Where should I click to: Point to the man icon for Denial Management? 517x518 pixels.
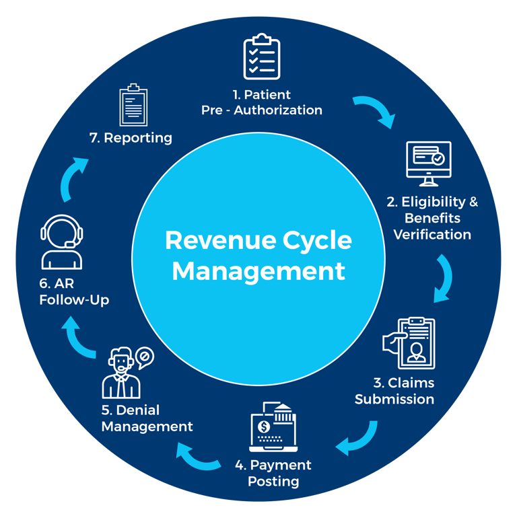tap(121, 374)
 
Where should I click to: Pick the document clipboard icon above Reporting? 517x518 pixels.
tap(133, 105)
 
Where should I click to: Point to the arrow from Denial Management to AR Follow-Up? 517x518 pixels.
tap(80, 336)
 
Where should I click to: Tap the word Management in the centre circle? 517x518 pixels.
tap(258, 270)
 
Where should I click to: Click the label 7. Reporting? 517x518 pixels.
tap(131, 138)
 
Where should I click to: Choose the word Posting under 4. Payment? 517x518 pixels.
tap(273, 481)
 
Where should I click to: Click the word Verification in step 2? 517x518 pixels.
tap(432, 234)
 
